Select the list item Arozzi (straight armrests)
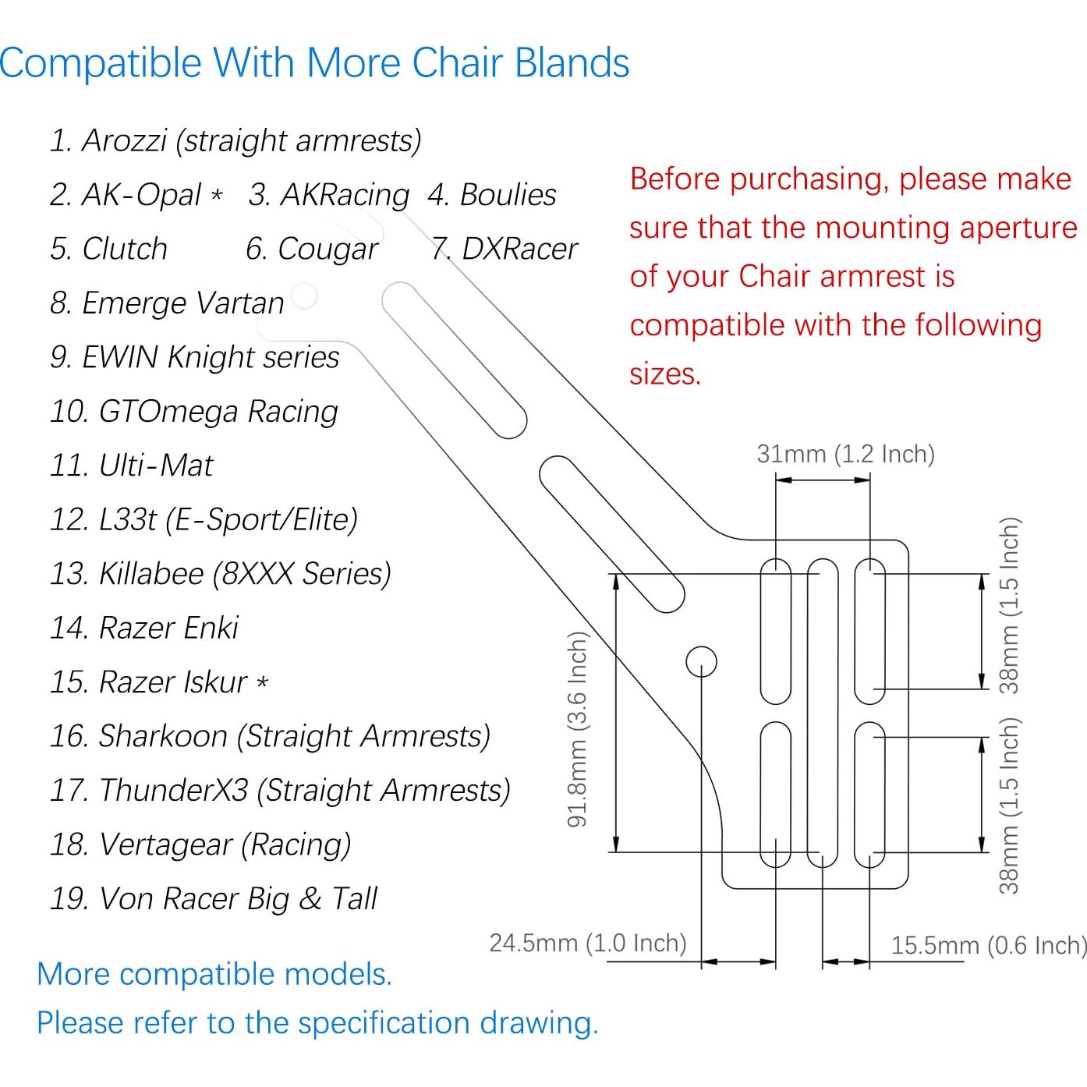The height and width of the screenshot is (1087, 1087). tap(235, 141)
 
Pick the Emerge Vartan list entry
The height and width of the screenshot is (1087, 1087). tap(167, 303)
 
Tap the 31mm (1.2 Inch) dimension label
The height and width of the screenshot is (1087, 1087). tap(845, 454)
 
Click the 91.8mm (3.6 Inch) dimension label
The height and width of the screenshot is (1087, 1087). tap(577, 730)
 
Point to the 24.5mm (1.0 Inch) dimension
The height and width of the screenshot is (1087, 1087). tap(587, 944)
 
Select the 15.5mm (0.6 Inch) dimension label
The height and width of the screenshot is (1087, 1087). tap(988, 946)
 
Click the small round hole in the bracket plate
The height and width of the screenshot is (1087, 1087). tap(701, 661)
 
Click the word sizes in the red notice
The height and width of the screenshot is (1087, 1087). tap(665, 374)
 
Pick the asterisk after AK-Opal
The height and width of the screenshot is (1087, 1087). tap(217, 195)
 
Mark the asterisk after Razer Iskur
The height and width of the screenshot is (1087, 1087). tap(263, 683)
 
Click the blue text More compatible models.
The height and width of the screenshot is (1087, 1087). tap(214, 975)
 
